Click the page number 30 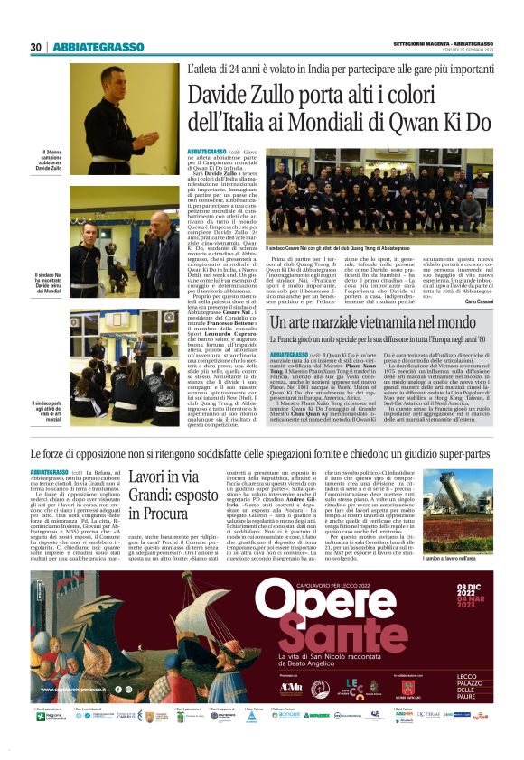click(x=35, y=47)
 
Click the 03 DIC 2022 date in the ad click(x=465, y=589)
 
